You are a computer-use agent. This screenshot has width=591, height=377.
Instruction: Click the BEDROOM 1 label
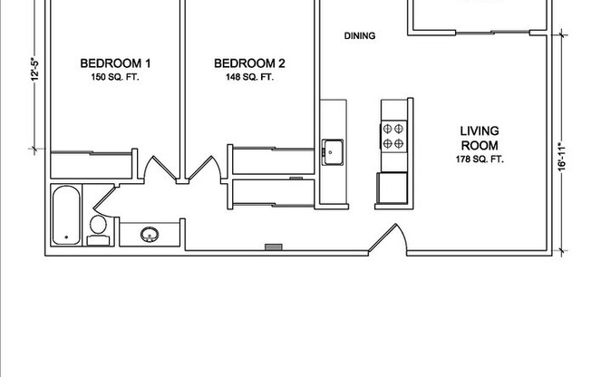(x=115, y=63)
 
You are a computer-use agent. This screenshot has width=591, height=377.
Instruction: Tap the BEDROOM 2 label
(x=249, y=63)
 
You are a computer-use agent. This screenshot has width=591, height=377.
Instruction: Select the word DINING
(x=360, y=36)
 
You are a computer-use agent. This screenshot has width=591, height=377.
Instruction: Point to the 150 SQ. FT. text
(x=115, y=78)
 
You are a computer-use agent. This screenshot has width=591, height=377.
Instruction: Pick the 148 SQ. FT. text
(x=249, y=78)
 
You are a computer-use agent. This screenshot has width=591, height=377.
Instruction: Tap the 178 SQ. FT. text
(x=480, y=159)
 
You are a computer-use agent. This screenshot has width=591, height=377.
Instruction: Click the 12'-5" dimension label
(x=34, y=70)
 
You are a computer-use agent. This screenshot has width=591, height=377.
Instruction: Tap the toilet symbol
(x=98, y=229)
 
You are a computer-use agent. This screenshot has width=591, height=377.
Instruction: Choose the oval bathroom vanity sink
(x=150, y=235)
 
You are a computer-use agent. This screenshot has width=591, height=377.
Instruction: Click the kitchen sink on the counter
(x=333, y=150)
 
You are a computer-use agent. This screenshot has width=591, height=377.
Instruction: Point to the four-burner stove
(x=393, y=137)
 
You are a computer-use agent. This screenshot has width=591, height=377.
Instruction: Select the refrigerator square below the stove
(x=392, y=187)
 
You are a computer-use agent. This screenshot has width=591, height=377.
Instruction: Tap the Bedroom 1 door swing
(x=156, y=169)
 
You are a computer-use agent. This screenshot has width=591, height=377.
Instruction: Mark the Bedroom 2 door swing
(x=206, y=169)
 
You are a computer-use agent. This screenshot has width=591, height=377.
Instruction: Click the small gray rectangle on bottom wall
(x=274, y=246)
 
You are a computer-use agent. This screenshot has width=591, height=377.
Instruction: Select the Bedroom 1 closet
(x=92, y=165)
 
